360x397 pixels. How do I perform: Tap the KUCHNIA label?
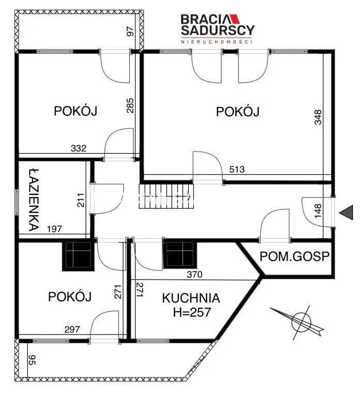191,298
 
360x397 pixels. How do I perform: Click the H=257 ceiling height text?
191,312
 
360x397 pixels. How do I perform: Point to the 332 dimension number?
79,149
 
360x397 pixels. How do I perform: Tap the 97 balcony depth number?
130,31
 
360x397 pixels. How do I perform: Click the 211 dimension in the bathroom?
80,200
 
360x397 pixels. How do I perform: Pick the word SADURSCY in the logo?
217,30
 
